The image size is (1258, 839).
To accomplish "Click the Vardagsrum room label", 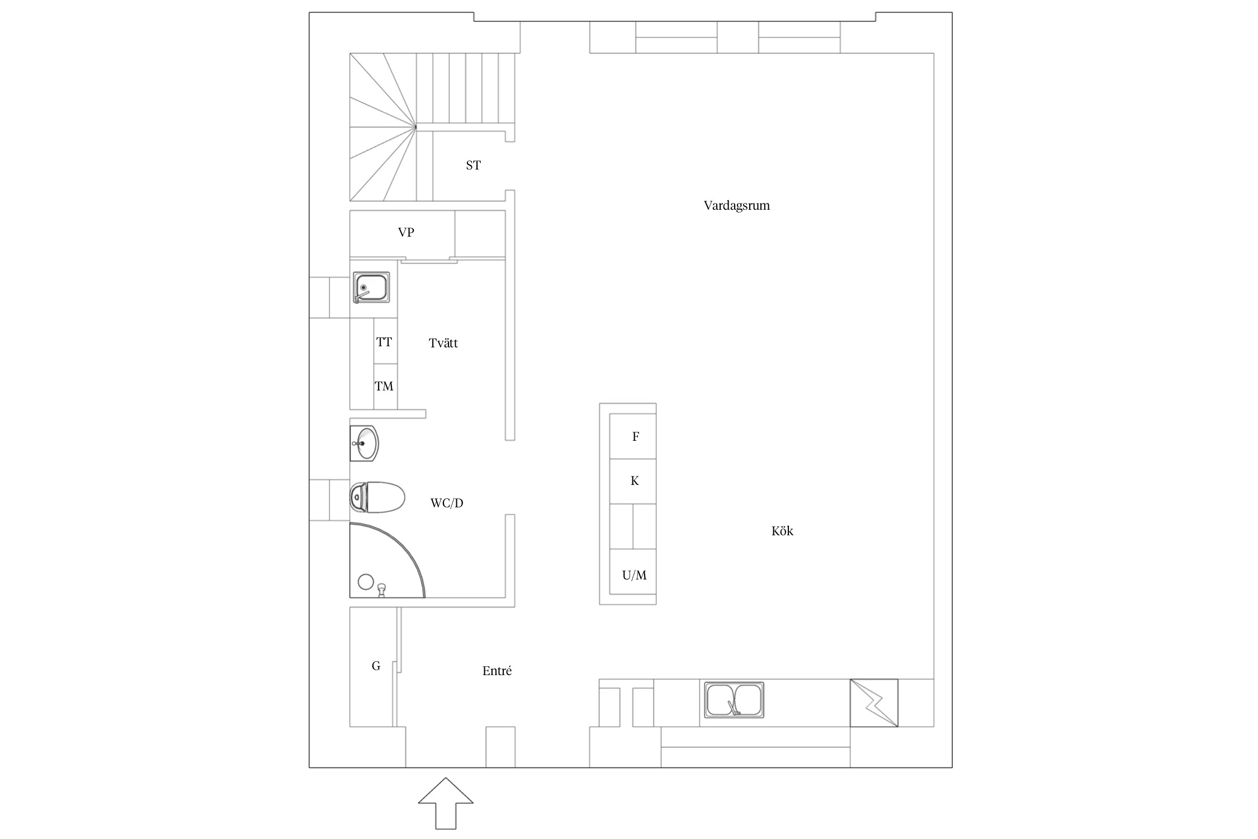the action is point(736,206).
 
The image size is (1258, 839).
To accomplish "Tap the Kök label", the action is point(782,531).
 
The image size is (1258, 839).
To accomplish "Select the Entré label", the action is point(497,671).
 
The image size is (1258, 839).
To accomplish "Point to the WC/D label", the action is point(447,503).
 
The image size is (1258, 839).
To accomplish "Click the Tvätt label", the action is point(443,343).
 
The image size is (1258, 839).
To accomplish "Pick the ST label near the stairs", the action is point(473,165).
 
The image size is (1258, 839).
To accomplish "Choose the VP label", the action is point(406,232).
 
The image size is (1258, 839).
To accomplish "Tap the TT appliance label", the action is point(384,342).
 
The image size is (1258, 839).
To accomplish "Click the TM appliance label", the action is point(384,386).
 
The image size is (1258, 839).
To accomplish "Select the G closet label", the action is point(376,666).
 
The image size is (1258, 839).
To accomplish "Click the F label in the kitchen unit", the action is point(636,437).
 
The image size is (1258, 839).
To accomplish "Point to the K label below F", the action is point(635,481).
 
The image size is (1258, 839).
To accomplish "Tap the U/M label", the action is point(635,575).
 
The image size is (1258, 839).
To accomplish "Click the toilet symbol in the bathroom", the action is point(377,497).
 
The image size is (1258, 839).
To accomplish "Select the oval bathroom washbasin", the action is point(364,444).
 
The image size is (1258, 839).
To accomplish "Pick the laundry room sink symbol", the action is point(371,287).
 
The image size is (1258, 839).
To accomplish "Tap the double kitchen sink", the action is point(734,700).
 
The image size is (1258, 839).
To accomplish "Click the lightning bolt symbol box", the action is point(874,703).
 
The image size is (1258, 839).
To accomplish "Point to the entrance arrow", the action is point(446,803).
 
